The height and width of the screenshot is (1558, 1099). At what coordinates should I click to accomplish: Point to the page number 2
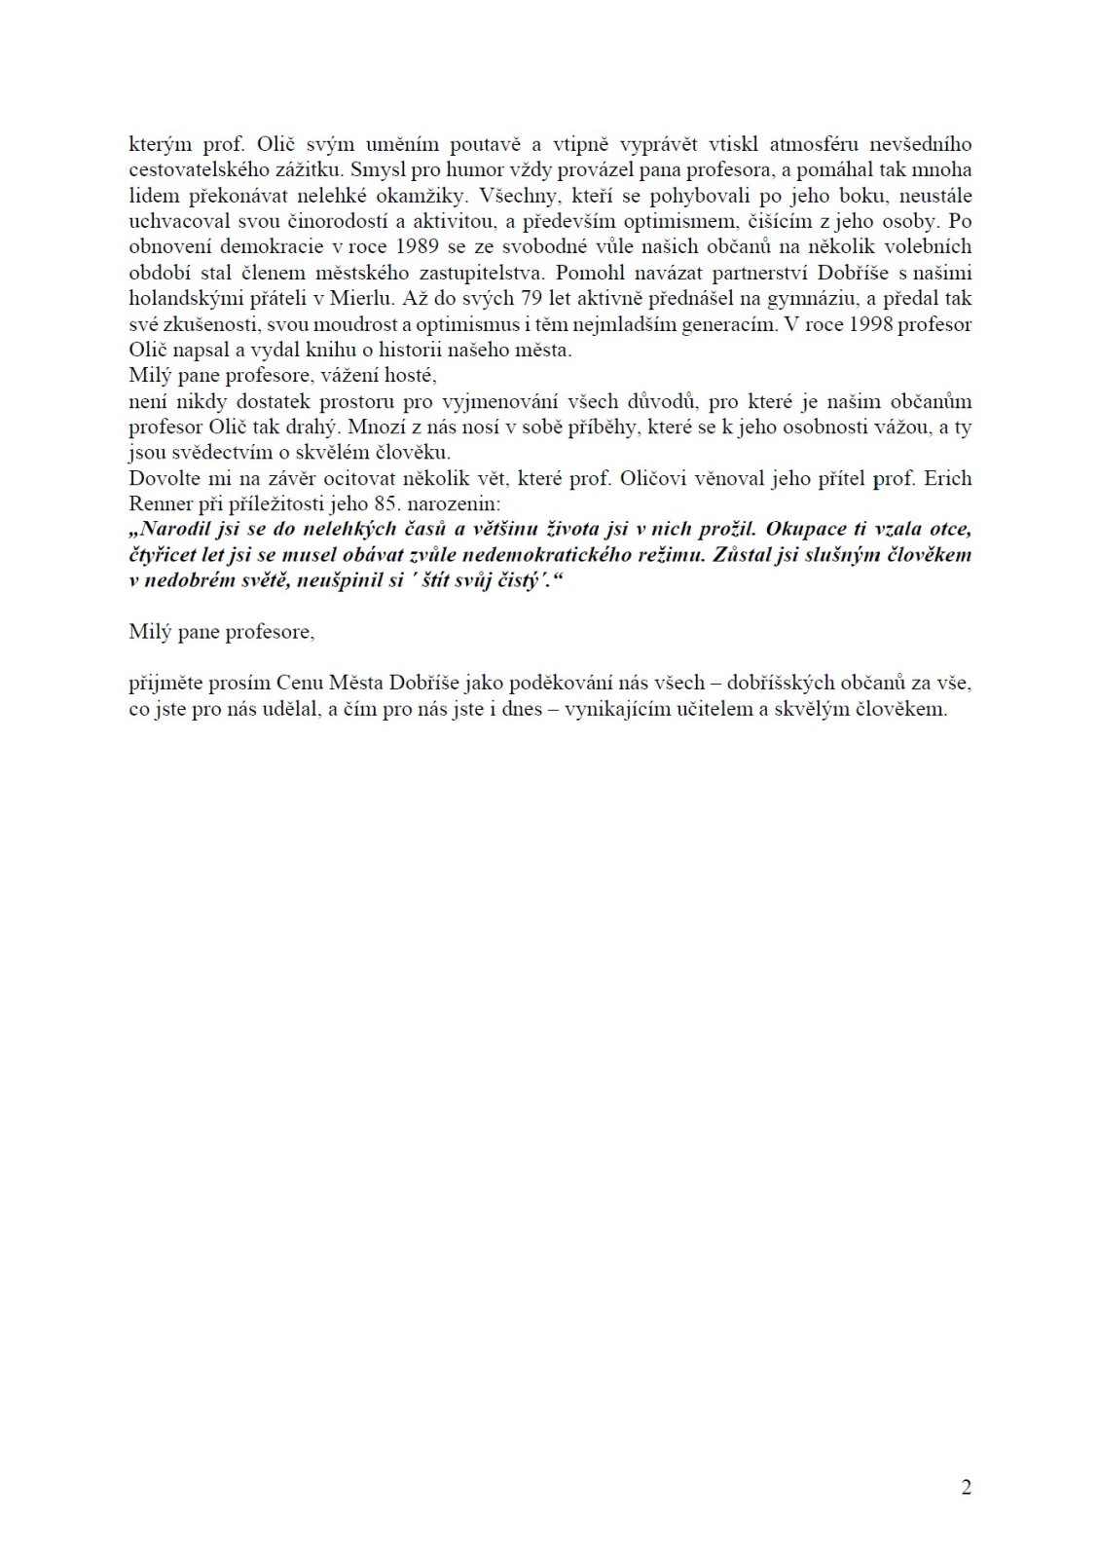966,1487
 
